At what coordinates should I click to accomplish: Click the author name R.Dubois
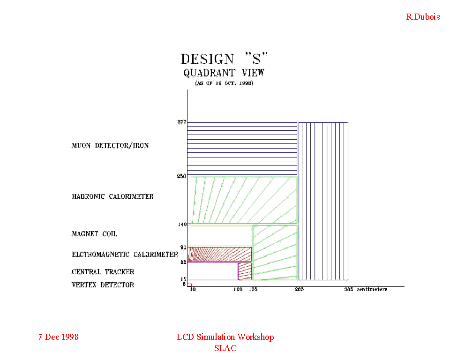(423, 17)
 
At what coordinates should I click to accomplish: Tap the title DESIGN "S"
(225, 59)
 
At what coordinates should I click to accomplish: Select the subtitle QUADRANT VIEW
(224, 73)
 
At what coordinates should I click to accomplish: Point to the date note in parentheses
(224, 83)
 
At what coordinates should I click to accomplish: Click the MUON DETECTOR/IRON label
(110, 146)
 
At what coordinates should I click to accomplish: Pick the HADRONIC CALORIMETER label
(112, 196)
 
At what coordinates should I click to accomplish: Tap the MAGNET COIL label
(94, 234)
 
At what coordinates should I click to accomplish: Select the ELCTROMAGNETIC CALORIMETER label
(125, 255)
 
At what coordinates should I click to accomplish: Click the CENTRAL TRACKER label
(103, 272)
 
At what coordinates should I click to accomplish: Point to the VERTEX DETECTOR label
(103, 285)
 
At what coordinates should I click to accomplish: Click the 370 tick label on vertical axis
(182, 122)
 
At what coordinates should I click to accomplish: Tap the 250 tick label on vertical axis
(182, 176)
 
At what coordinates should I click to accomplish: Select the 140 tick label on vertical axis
(182, 225)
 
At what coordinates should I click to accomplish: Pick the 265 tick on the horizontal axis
(299, 290)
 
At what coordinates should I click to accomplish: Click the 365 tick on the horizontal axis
(348, 290)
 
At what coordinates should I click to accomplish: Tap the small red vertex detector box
(189, 285)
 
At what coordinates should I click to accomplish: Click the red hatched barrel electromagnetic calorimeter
(219, 254)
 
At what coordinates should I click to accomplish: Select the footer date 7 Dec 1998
(58, 337)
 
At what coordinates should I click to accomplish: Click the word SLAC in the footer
(225, 348)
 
